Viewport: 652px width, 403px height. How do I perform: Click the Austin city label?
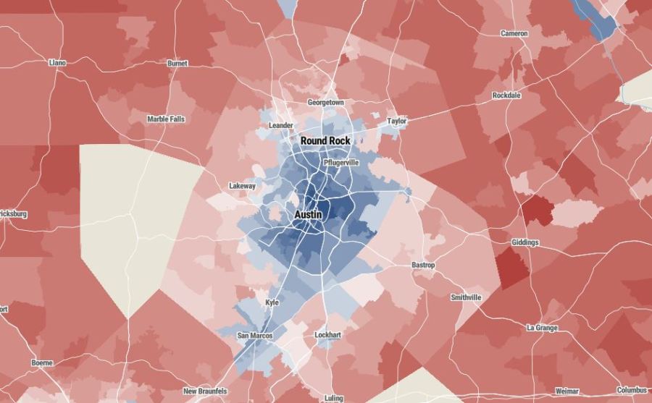309,216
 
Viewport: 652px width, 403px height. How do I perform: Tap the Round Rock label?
325,140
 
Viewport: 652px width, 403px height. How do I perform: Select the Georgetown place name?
326,103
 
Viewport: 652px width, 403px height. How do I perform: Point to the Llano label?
57,63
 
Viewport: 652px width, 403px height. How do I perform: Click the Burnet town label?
177,64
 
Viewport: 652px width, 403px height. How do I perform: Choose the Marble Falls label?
166,119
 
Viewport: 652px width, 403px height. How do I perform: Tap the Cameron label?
514,33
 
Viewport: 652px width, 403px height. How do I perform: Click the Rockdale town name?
507,96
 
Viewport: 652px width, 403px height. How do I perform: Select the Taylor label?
397,122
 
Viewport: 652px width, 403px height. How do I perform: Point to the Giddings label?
524,242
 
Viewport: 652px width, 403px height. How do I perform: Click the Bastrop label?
423,266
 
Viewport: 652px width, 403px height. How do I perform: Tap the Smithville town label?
466,297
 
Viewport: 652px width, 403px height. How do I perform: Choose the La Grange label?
542,328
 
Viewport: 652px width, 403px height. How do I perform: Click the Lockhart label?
327,335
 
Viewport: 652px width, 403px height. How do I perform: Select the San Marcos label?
255,336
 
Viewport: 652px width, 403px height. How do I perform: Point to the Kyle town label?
272,302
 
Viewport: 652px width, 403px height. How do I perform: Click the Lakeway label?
242,186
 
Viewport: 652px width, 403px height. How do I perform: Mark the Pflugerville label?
341,163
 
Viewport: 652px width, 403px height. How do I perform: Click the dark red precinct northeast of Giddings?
537,210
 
